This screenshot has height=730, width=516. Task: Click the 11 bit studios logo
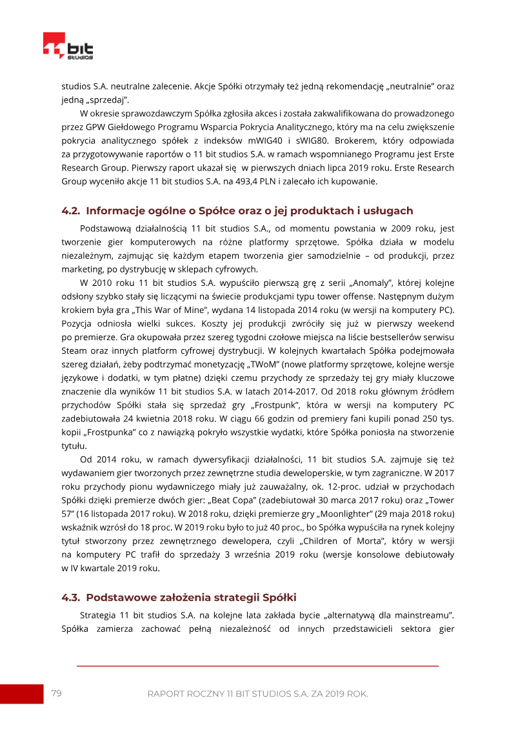[68, 48]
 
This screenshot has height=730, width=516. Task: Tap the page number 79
[56, 693]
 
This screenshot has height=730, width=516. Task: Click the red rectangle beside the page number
[21, 694]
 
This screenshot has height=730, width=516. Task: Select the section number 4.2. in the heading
[71, 211]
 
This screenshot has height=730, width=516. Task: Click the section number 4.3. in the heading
[71, 597]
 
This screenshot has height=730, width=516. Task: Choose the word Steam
[74, 351]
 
